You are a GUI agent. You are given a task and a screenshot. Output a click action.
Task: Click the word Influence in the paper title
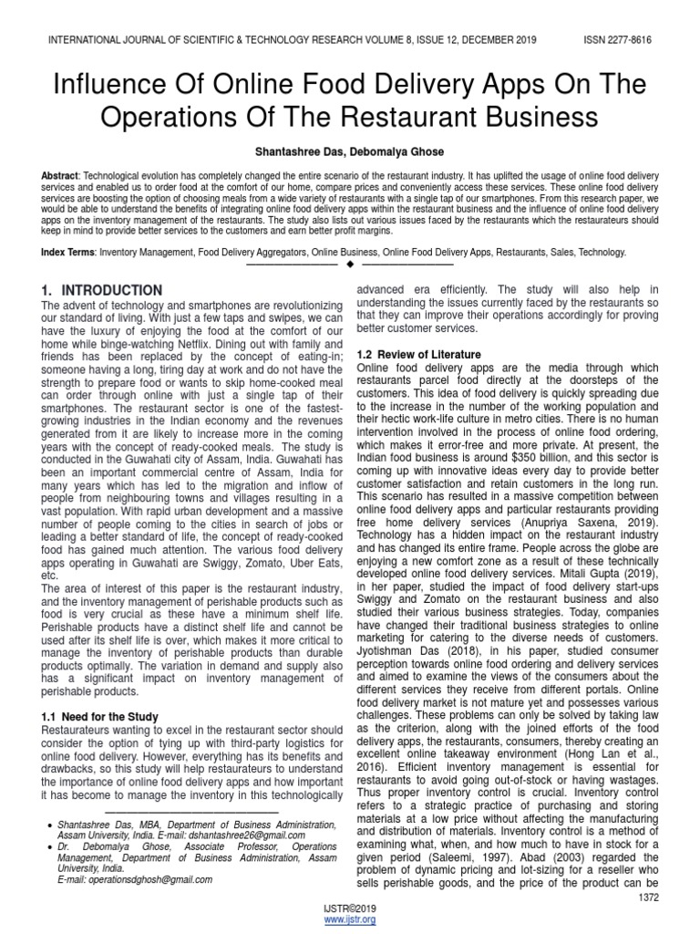coord(105,85)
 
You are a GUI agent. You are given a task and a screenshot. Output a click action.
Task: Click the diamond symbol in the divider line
coord(350,265)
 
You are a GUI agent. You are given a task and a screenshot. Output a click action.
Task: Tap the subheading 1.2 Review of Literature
coord(419,354)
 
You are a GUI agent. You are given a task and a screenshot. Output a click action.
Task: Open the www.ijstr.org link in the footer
coord(350,920)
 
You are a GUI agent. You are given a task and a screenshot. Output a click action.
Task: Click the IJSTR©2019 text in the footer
coord(350,909)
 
